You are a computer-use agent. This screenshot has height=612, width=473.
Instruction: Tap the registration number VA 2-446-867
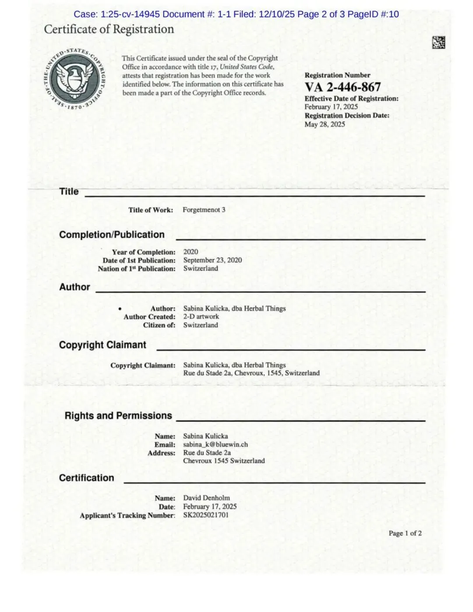[342, 87]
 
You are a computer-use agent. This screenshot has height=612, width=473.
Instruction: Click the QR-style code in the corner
[438, 42]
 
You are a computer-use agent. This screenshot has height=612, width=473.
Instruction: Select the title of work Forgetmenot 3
[204, 210]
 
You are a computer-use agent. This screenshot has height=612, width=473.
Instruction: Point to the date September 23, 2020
[212, 260]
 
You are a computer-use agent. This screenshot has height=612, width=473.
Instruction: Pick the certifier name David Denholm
[206, 498]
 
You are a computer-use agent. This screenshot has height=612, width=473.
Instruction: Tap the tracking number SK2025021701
[206, 515]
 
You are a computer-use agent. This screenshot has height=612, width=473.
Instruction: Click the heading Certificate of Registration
[109, 29]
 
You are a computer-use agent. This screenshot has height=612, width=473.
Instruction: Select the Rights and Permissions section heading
[118, 415]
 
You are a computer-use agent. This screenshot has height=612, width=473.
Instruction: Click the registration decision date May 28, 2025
[325, 124]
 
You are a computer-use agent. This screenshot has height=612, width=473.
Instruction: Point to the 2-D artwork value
[201, 317]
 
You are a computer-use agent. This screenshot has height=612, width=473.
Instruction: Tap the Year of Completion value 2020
[191, 252]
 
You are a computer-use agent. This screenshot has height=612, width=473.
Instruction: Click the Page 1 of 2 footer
[405, 533]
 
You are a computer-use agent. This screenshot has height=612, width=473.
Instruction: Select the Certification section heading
[86, 478]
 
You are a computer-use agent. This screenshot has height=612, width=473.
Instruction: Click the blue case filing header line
[236, 14]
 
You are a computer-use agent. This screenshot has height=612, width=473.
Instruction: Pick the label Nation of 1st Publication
[137, 269]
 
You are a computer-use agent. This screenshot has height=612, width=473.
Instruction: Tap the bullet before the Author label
[120, 309]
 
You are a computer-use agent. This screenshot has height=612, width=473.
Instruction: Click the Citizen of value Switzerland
[201, 325]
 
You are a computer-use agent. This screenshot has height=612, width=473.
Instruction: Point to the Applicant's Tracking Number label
[127, 515]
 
